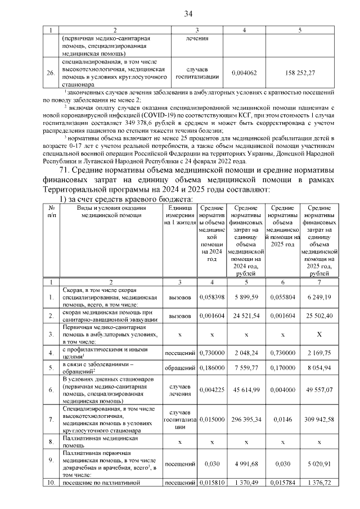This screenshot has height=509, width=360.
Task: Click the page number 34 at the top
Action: (x=188, y=13)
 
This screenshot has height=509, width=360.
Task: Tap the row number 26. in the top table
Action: (x=50, y=73)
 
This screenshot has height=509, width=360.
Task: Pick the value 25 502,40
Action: (x=319, y=317)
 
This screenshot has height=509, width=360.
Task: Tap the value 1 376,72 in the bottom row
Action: (x=319, y=483)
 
